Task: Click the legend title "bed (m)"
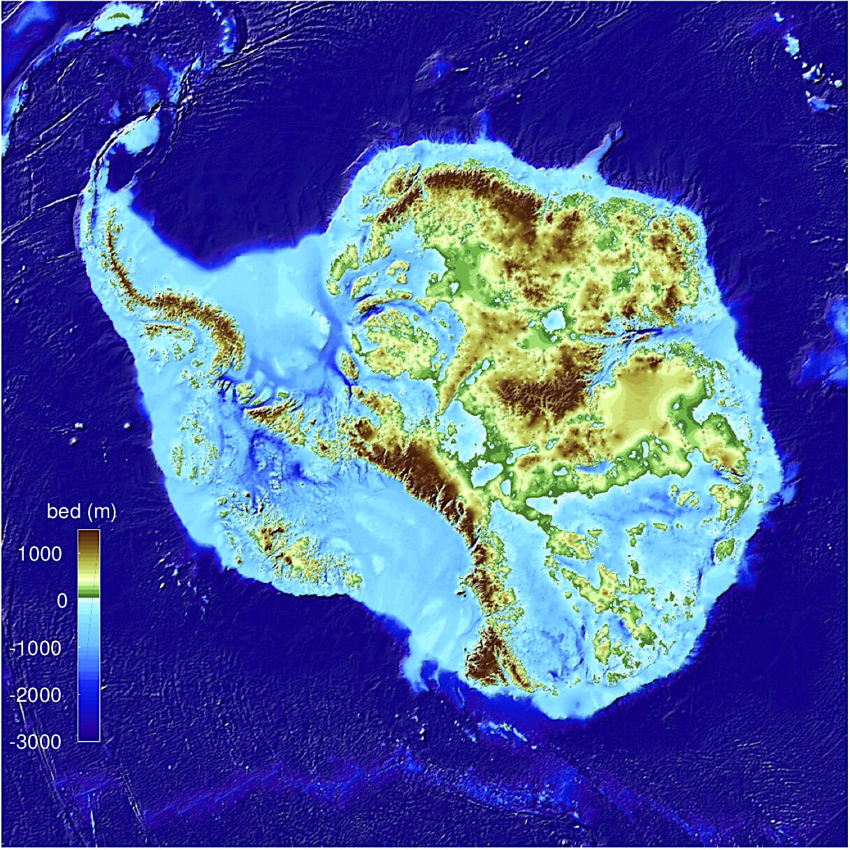[x=81, y=512]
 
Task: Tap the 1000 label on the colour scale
[x=40, y=554]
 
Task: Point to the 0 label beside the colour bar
[x=62, y=600]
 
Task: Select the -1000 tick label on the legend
[x=36, y=648]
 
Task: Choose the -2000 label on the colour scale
[x=36, y=695]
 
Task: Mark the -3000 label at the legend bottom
[x=36, y=742]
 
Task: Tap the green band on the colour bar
[x=89, y=593]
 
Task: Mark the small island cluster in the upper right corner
[x=814, y=73]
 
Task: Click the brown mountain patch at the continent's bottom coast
[x=486, y=657]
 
